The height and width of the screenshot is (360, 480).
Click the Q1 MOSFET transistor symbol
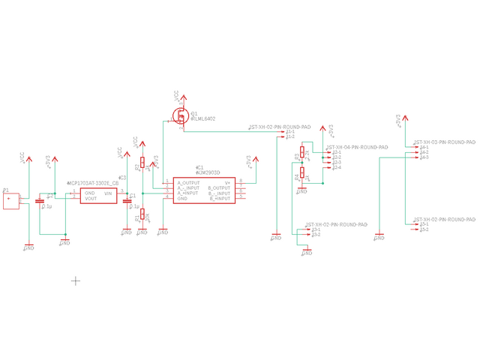[x=181, y=115]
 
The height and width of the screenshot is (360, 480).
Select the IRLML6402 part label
[x=203, y=118]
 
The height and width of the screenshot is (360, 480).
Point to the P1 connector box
[x=10, y=200]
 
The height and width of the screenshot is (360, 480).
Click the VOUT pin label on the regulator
[x=91, y=199]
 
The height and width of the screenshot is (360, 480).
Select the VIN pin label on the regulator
[x=107, y=193]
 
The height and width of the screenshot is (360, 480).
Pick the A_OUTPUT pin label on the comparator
[x=187, y=182]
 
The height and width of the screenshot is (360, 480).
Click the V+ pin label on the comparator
[x=226, y=182]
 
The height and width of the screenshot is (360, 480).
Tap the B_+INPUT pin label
[x=220, y=198]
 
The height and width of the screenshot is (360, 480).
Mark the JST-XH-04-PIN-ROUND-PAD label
[x=357, y=148]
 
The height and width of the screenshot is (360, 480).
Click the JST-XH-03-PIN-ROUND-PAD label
[x=445, y=142]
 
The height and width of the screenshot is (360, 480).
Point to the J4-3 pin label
[x=424, y=157]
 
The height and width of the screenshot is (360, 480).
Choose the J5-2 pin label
[x=424, y=229]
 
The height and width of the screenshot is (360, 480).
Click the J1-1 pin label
[x=290, y=132]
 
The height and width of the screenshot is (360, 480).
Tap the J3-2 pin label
[x=316, y=235]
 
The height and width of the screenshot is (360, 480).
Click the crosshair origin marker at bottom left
[x=76, y=280]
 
